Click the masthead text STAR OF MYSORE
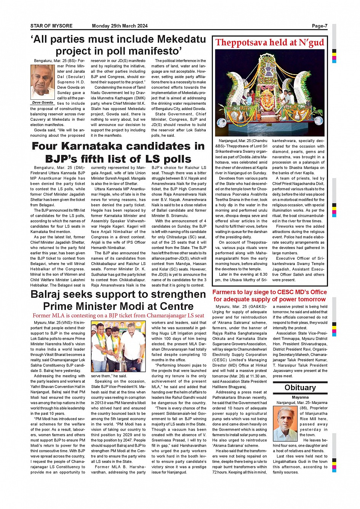51,26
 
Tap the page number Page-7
319,26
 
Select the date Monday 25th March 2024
120,26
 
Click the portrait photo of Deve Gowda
42,82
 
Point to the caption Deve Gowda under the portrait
43,103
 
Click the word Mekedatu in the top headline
181,39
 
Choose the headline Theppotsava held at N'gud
270,43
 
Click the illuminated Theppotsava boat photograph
270,93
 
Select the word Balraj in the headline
48,294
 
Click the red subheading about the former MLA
118,315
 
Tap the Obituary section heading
300,388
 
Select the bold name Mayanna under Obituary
300,397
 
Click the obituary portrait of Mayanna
285,424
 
